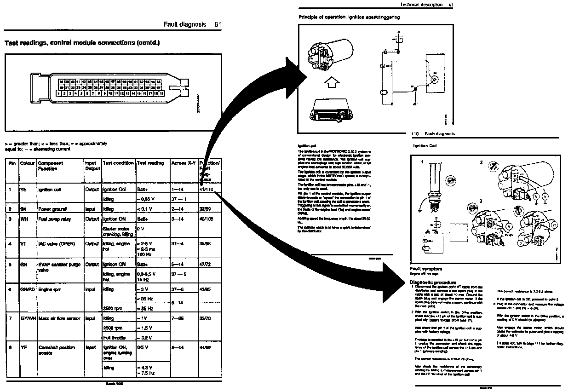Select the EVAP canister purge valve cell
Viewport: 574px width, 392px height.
coord(56,267)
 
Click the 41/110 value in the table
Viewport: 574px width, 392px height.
coord(207,190)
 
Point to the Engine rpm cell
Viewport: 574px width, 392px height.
coord(50,290)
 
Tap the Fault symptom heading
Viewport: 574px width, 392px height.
coord(426,269)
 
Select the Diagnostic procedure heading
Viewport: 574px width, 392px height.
coord(432,282)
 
